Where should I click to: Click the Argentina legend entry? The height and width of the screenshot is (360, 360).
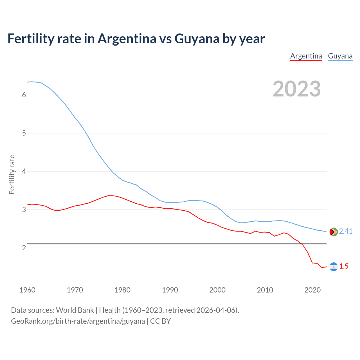pos(306,56)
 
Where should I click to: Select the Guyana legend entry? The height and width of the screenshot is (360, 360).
pos(340,56)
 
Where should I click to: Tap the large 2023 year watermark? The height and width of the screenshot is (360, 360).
pos(296,89)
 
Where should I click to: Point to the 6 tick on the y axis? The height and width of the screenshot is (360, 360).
pos(24,95)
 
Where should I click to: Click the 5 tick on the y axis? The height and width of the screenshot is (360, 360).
pos(24,133)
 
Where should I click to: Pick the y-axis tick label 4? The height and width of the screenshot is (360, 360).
pos(24,171)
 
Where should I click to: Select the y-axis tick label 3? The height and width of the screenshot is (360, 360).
pos(24,210)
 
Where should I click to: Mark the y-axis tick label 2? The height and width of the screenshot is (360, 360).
pos(24,248)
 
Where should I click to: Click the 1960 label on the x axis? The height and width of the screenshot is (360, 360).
pos(27,290)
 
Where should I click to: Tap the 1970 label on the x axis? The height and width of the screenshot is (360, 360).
pos(75,290)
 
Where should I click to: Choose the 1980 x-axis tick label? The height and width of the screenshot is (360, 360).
pos(122,290)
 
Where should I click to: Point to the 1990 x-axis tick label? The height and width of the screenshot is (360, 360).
pos(170,290)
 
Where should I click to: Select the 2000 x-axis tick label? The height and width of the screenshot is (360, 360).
pos(217,290)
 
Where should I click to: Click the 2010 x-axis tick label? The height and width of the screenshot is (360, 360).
pos(265,290)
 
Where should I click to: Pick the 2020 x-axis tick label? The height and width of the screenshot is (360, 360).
pos(312,290)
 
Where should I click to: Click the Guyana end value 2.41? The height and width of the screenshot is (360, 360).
pos(346,231)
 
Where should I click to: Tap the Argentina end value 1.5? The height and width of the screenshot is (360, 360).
pos(344,266)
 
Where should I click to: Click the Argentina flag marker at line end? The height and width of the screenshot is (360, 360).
pos(334,267)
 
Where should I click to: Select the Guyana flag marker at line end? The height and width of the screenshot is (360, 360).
pos(334,232)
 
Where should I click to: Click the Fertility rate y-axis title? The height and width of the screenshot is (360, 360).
pos(12,174)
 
